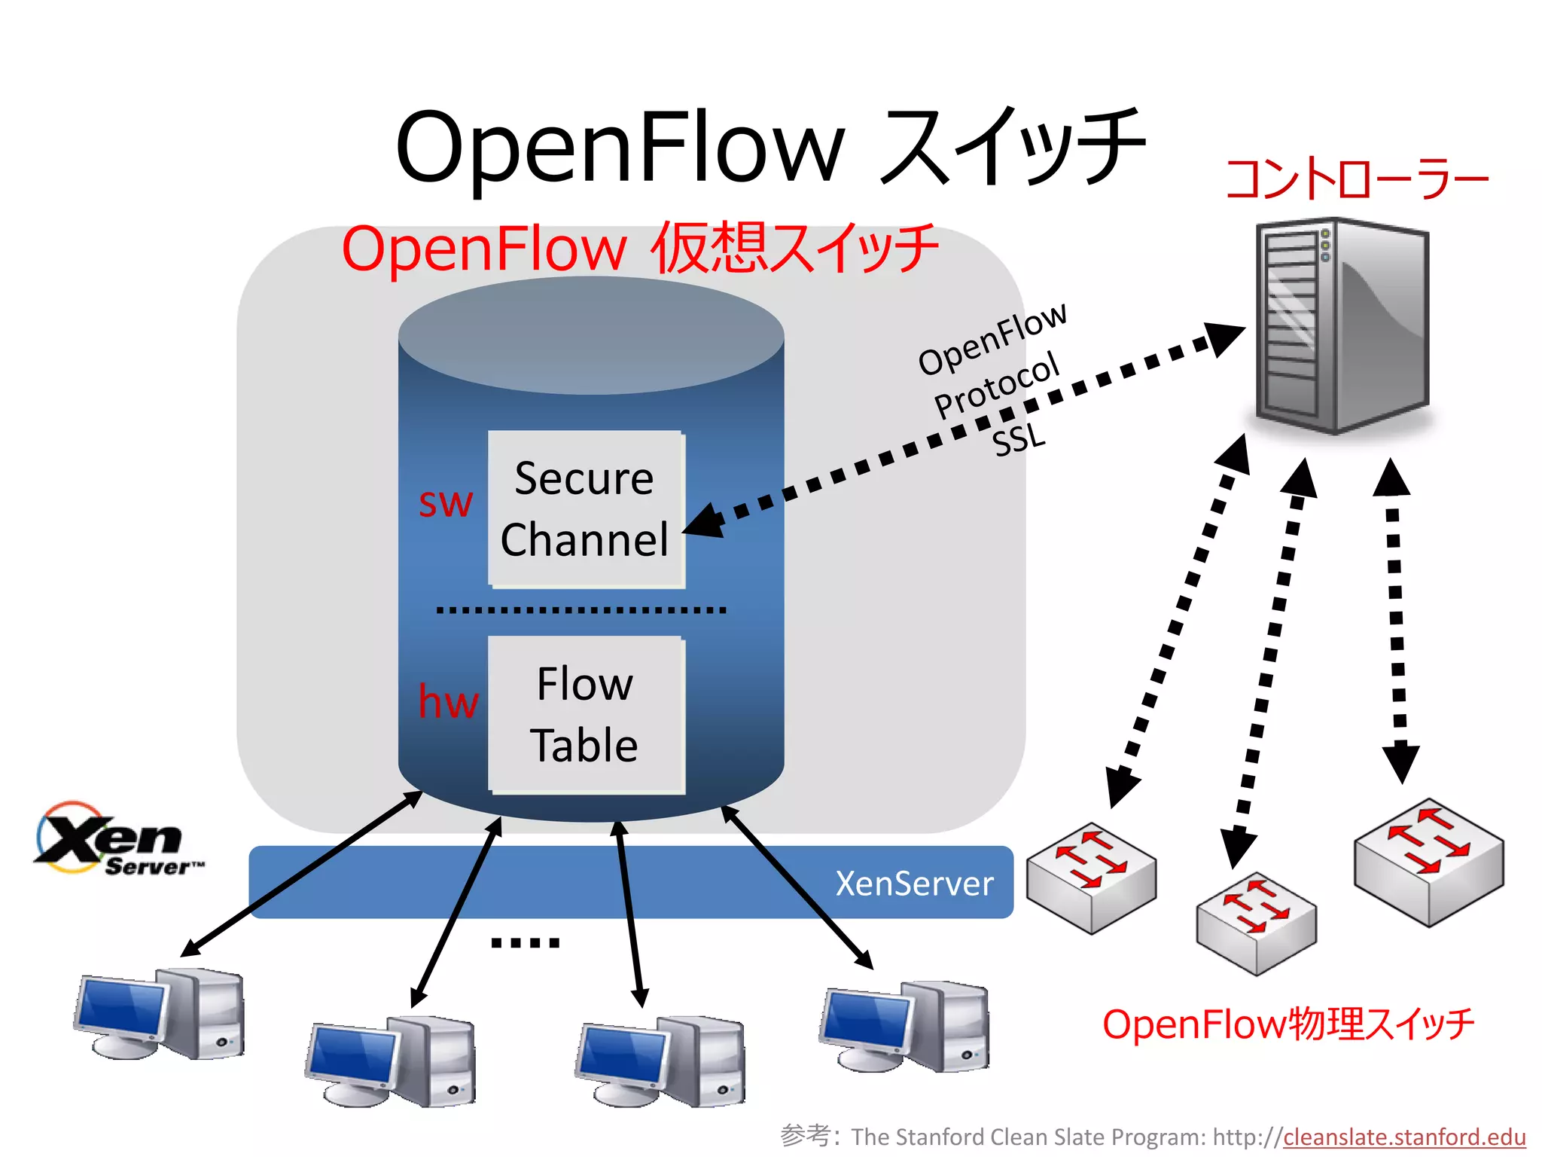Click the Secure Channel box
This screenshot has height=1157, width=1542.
click(586, 509)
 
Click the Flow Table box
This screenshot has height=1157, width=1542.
click(586, 715)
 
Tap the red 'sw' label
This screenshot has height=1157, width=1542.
click(446, 502)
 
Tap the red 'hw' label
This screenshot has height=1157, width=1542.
click(448, 701)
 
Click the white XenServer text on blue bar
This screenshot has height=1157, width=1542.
click(914, 884)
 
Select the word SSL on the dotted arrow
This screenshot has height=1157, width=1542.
click(1019, 439)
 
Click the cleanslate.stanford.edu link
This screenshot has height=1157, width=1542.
click(1404, 1137)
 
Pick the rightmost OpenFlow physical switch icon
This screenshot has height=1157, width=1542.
click(1428, 862)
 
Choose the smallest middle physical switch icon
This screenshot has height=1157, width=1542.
click(1256, 923)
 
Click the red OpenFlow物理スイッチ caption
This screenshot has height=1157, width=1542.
click(1288, 1024)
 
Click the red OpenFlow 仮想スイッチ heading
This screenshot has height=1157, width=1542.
click(640, 249)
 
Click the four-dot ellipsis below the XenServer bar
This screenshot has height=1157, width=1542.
click(525, 942)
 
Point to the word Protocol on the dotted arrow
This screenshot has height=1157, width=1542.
click(997, 384)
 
